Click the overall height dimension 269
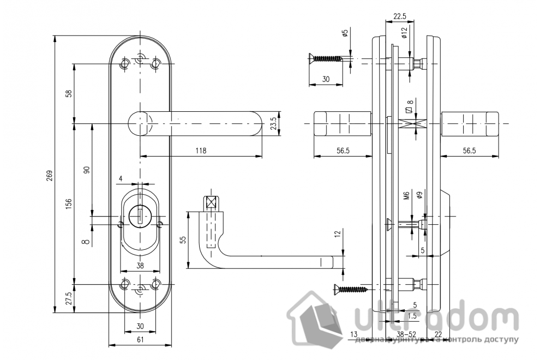coord(49,175)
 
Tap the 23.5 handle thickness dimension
coord(273,124)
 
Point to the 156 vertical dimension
coord(69,203)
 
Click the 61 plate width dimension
coord(140,340)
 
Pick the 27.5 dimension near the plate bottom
coord(69,299)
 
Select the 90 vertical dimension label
coord(86,170)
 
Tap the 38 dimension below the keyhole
coord(140,266)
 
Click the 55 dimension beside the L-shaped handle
coord(182,240)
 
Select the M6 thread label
coord(406,196)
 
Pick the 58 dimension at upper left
coord(69,93)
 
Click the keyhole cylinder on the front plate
coord(140,214)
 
